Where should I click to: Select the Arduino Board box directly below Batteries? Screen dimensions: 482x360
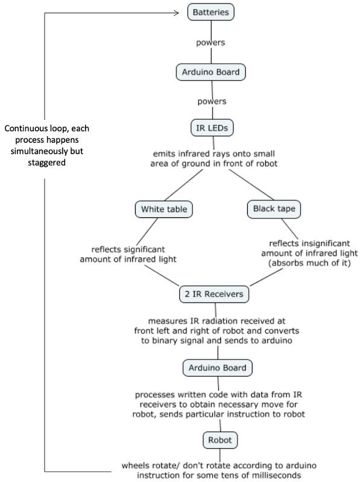tap(210, 72)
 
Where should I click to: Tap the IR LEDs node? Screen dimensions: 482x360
tap(210, 128)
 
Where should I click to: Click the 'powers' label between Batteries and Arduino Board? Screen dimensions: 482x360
tap(210, 43)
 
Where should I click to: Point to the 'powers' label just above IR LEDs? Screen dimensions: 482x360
tap(210, 101)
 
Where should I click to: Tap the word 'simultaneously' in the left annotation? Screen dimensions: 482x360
tap(36, 151)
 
